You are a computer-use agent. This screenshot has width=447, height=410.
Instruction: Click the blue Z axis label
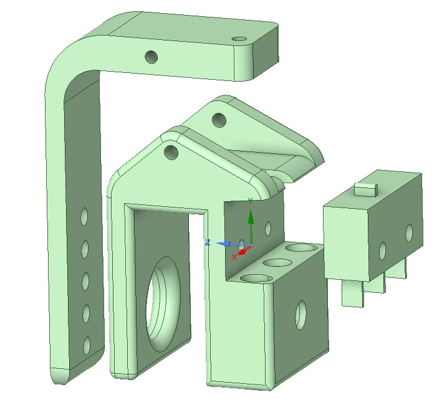[208, 242]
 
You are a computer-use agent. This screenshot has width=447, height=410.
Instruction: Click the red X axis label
[234, 257]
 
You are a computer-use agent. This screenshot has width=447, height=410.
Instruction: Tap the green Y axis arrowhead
[251, 217]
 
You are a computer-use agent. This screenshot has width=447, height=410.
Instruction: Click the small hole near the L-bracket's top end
[239, 39]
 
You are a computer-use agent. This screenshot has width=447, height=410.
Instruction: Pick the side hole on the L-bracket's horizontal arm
[151, 57]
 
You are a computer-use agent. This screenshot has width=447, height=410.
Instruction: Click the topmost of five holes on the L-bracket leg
[84, 217]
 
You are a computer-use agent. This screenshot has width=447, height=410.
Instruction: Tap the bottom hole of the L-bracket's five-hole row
[87, 346]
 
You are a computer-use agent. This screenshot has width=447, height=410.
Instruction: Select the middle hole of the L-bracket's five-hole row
[85, 281]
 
